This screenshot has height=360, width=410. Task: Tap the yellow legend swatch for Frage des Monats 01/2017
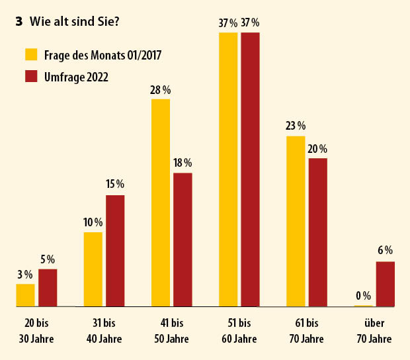pos(31,54)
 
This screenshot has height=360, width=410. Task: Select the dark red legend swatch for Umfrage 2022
pos(31,76)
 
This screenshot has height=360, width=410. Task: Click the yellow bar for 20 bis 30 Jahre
pos(25,295)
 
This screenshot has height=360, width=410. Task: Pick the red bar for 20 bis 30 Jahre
pos(48,288)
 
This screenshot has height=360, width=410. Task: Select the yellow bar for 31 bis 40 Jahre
pos(93,269)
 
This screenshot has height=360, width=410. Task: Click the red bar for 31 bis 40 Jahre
pos(115,251)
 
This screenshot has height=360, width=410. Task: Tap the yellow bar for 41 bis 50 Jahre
pos(161,202)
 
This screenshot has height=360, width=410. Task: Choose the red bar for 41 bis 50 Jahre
pos(183,240)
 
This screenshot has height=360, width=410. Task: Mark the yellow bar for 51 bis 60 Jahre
pos(228,169)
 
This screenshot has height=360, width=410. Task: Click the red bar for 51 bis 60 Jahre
pos(250,169)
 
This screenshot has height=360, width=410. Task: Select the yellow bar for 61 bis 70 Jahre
pos(296,221)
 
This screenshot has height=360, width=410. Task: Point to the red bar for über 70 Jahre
pos(386,284)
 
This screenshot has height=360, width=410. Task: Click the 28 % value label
pos(161,89)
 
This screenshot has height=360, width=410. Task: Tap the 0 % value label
pos(362,296)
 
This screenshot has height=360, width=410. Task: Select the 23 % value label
pos(296,126)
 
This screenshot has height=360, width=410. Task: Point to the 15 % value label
pos(115,185)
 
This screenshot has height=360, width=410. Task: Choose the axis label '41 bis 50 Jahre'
pos(171,331)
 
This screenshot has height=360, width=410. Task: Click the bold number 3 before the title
pos(20,21)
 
